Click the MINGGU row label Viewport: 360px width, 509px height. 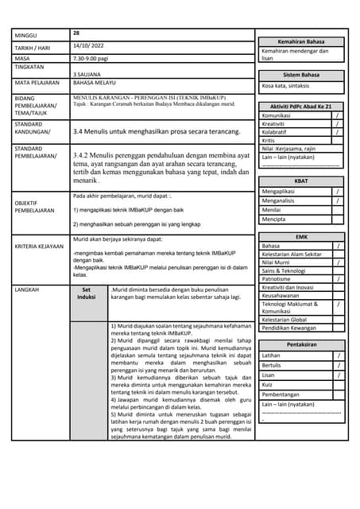click(29, 35)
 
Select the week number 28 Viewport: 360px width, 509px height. click(76, 33)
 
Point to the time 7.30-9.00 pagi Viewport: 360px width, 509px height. click(92, 58)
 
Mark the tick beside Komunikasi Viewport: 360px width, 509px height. click(337, 115)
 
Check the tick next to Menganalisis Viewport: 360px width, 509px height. click(337, 201)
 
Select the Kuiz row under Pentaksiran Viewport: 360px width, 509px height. click(271, 384)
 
